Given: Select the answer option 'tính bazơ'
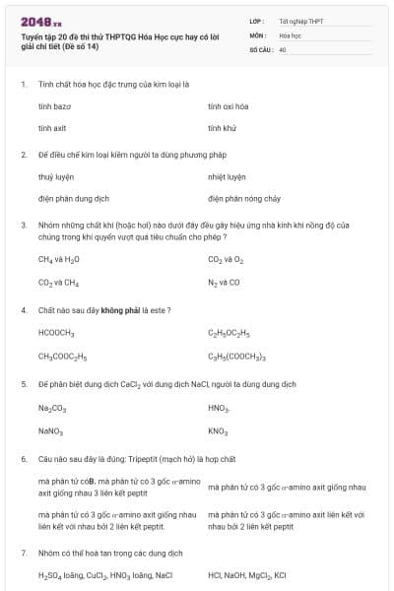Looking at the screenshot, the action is point(54,105).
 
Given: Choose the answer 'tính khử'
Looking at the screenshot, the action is point(222,128).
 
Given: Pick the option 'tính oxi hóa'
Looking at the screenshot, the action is point(228,105).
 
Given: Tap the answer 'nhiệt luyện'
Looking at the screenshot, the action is point(227,177).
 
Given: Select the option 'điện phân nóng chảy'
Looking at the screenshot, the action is point(242,198).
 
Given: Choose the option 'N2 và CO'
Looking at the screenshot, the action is point(224,283).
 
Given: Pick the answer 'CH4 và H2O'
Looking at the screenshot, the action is point(59,260).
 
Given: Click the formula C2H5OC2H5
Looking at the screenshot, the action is point(229,333).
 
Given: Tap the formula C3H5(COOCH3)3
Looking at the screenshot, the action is point(236,356).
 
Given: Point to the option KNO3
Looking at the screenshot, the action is point(219,431).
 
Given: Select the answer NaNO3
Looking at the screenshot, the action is point(50,431).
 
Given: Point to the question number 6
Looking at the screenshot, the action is point(24,459).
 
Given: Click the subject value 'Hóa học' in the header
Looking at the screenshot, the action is point(290,33).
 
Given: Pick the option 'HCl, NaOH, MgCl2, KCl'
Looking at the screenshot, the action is point(247,575).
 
